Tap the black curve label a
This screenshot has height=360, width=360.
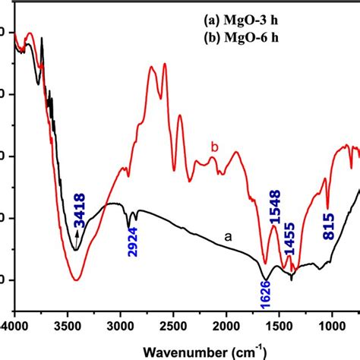pos(227,237)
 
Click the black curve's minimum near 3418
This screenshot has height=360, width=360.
pos(75,250)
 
